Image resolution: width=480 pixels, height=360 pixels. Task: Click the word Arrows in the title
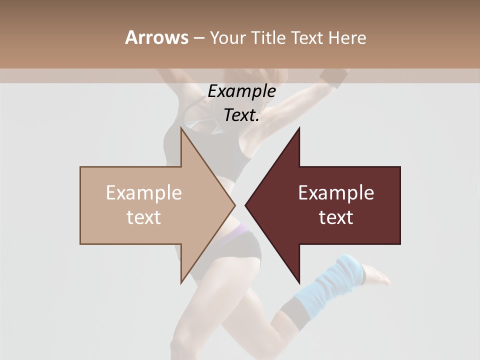156,37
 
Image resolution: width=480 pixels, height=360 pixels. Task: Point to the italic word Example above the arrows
241,91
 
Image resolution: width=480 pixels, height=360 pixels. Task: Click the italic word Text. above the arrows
241,115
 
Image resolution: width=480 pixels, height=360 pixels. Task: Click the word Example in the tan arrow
143,192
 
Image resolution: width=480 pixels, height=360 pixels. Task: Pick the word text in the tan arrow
143,217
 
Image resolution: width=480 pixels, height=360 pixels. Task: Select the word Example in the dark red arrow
336,192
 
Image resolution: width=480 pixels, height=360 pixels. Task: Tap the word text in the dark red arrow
336,217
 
